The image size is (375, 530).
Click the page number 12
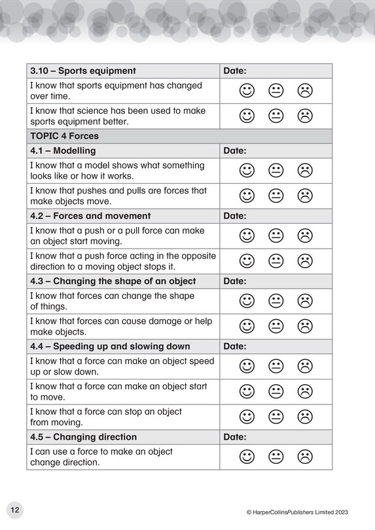coord(14,510)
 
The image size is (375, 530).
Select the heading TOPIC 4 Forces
coord(65,136)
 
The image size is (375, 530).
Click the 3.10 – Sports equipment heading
coord(83,71)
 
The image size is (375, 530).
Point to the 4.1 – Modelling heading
coord(63,150)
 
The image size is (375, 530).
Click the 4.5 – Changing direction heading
coord(83,436)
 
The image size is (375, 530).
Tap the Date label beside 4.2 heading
coord(235,215)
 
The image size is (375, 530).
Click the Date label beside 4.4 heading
coord(235,346)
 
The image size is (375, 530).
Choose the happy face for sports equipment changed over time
coord(246,90)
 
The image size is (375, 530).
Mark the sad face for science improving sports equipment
coord(305,116)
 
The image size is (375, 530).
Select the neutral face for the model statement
coord(276,170)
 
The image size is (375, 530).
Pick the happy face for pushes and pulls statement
coord(246,196)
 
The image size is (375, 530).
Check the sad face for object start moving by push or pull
coord(305,236)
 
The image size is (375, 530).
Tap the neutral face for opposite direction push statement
coord(276,261)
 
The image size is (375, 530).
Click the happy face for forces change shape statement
coord(246,300)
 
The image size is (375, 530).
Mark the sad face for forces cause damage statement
coord(305,326)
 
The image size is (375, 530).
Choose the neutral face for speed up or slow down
coord(276,366)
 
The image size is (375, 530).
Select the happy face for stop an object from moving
coord(246,416)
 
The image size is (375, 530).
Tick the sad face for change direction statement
coord(305,456)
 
